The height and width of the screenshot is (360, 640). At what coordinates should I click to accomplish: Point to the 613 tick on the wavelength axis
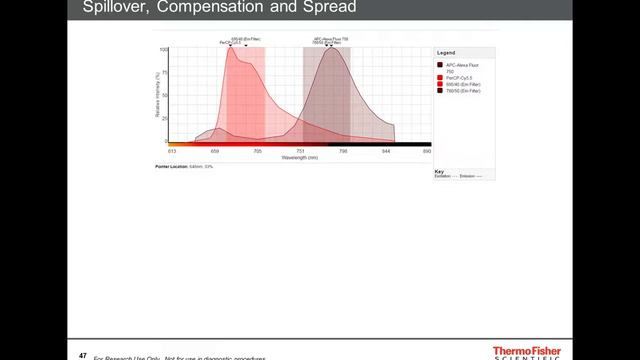172,151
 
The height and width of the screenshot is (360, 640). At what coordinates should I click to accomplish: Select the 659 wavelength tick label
215,151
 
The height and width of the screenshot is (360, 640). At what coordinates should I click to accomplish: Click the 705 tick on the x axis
257,151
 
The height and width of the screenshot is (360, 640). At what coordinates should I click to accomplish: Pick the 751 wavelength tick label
300,151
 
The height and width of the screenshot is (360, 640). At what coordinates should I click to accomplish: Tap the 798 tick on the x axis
343,151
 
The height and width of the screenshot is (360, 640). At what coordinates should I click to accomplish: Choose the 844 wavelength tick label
386,151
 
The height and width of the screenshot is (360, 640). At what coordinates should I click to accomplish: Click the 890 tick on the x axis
427,151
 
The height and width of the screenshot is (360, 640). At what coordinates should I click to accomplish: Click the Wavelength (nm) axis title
299,158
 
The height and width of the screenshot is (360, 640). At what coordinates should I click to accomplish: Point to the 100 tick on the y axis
163,49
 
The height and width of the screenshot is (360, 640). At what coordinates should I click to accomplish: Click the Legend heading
446,52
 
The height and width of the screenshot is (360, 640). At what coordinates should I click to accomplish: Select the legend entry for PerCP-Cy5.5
460,77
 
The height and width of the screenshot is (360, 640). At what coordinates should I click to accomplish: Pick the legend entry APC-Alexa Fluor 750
462,66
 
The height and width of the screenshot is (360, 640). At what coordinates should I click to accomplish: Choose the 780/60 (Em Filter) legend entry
462,90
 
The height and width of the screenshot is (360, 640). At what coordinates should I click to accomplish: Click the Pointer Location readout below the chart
184,166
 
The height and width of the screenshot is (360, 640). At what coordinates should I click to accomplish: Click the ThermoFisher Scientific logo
527,353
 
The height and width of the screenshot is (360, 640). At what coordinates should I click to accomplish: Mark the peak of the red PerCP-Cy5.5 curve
231,49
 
